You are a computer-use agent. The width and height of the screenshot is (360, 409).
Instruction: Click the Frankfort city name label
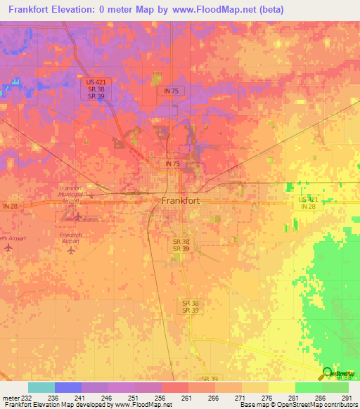[x=181, y=200]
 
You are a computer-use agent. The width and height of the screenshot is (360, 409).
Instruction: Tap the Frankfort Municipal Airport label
[x=70, y=195]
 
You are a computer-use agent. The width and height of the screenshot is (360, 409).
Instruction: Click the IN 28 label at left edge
[x=10, y=206]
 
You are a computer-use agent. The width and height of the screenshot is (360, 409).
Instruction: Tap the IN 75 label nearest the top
[x=172, y=91]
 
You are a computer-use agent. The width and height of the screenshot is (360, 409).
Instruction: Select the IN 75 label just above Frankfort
[x=173, y=164]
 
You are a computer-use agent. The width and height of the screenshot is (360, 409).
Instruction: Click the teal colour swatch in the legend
[x=41, y=387]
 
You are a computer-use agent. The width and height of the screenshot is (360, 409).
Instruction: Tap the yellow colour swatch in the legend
[x=282, y=387]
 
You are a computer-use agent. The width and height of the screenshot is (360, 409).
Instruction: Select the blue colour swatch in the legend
[x=68, y=387]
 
